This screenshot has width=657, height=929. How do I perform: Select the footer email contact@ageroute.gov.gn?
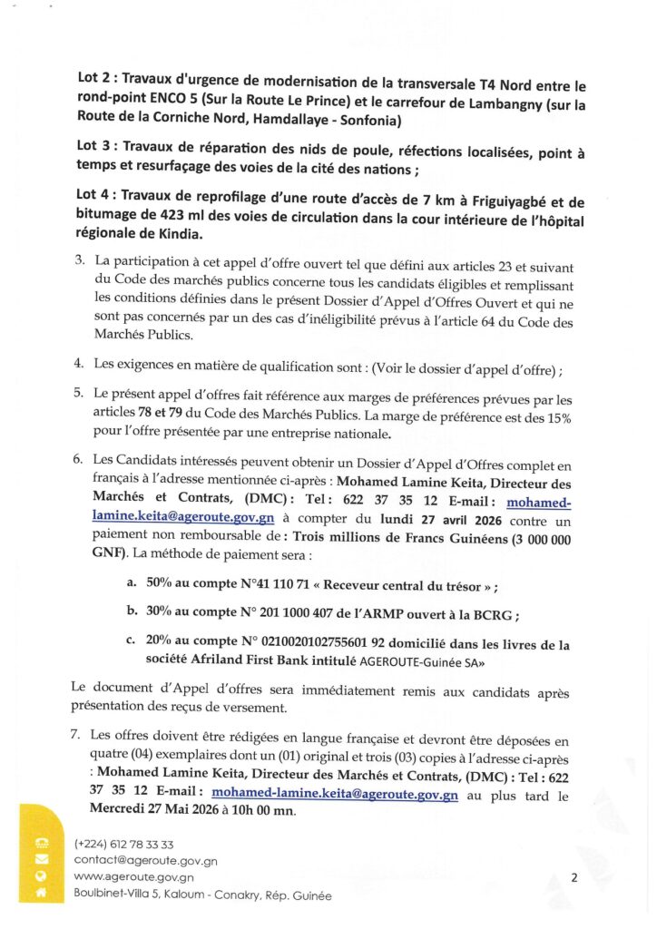(145, 860)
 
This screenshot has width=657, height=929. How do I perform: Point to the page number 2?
(574, 877)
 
